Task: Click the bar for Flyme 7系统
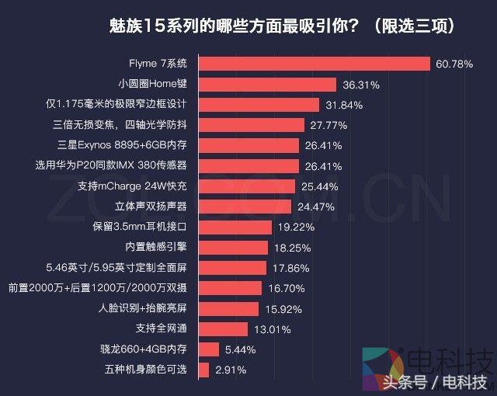tap(315, 64)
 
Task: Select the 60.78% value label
tap(454, 64)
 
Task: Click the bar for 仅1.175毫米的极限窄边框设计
tap(259, 105)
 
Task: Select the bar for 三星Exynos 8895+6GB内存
tap(248, 145)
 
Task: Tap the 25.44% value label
tap(318, 186)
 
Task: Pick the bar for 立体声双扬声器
tap(245, 207)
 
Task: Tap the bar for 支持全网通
tap(223, 329)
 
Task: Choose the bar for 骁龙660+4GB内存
tap(208, 349)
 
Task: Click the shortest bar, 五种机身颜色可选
tap(203, 370)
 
